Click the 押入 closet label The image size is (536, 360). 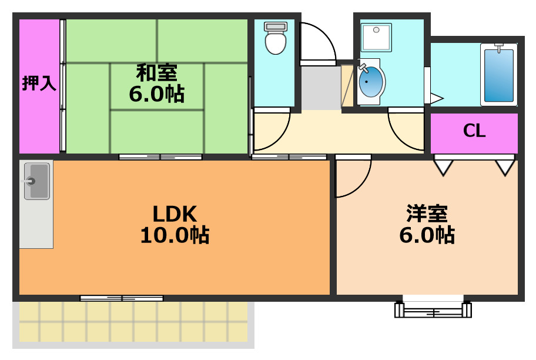click(39, 84)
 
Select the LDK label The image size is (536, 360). click(175, 213)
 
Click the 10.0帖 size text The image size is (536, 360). click(175, 235)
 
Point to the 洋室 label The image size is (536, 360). click(427, 213)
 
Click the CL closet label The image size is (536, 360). click(474, 131)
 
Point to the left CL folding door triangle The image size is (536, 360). click(443, 166)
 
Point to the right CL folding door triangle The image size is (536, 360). click(505, 166)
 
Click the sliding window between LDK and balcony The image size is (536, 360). click(122, 298)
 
